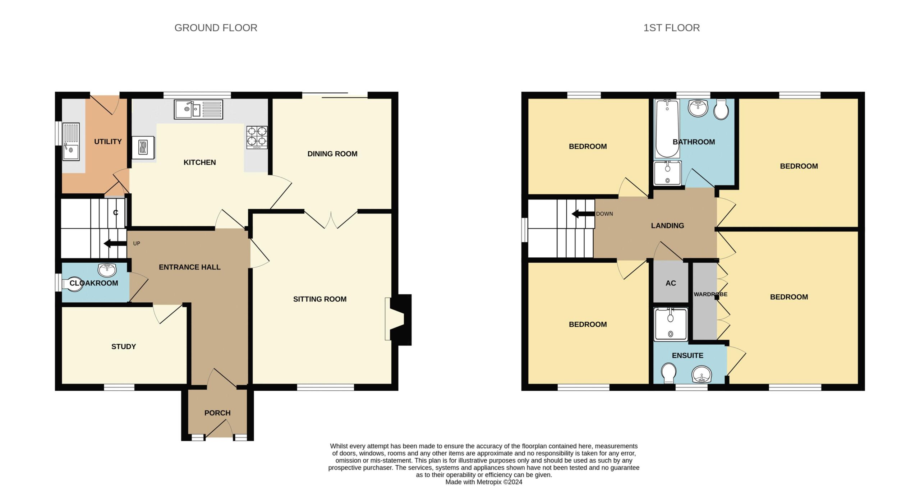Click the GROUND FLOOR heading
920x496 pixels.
click(216, 28)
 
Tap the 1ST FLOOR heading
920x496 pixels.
click(671, 28)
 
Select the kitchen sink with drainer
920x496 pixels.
click(198, 109)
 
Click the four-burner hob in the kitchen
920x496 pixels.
click(257, 137)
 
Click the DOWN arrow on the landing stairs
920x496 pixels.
click(583, 214)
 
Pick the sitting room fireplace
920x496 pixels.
click(398, 320)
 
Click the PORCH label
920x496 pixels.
click(217, 413)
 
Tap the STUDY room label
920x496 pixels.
click(124, 346)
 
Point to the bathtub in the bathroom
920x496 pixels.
click(667, 129)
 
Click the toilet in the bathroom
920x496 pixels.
click(721, 109)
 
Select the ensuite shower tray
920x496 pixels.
click(671, 324)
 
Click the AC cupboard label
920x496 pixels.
click(671, 283)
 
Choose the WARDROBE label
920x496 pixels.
click(710, 294)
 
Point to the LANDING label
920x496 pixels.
click(667, 226)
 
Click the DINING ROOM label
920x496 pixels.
click(332, 154)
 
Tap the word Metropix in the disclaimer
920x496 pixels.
click(489, 482)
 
